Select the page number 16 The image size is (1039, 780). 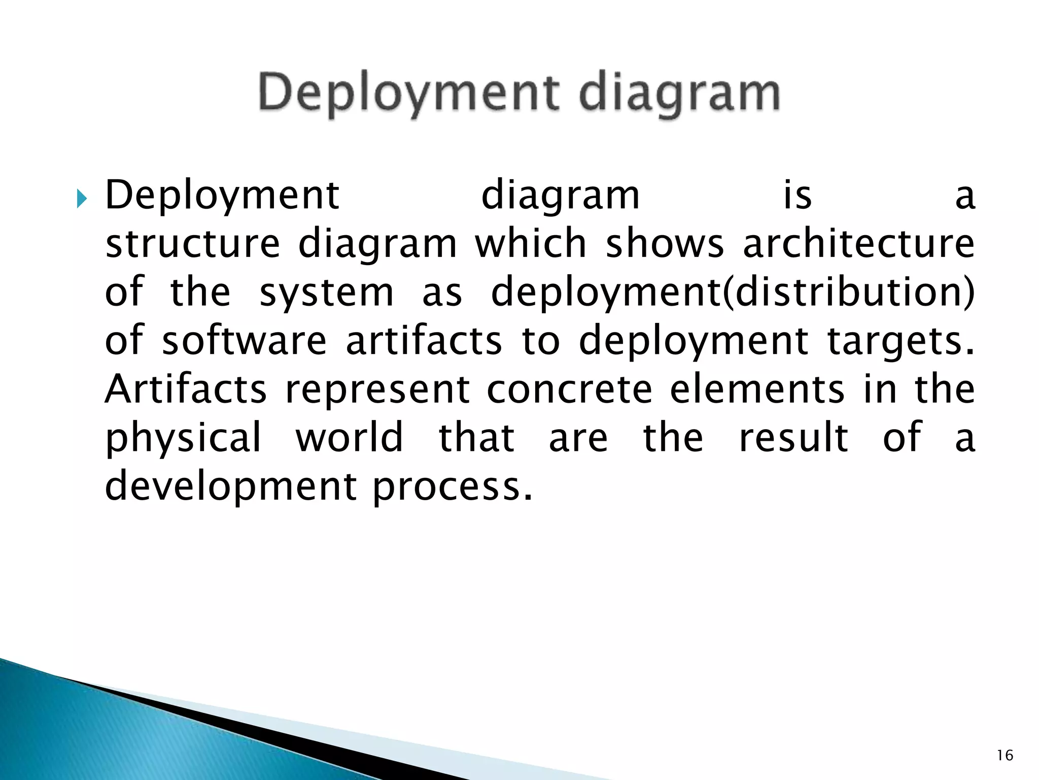1005,756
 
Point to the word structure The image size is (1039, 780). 192,244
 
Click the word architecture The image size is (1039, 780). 858,244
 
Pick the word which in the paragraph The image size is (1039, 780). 531,244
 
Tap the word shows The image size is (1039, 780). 665,244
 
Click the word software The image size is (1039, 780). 244,341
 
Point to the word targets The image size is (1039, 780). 901,341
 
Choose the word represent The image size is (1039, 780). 377,389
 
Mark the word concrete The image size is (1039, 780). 569,389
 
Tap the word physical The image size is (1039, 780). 183,438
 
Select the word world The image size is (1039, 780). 350,437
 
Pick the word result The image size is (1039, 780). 793,437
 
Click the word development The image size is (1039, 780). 231,486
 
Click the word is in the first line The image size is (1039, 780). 798,196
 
